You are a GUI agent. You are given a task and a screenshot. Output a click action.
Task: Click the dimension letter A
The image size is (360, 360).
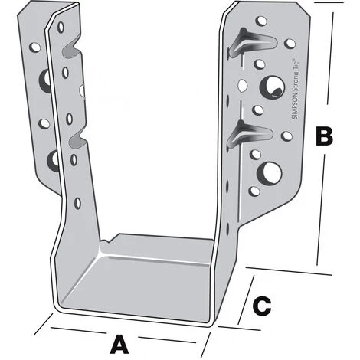tap(119, 345)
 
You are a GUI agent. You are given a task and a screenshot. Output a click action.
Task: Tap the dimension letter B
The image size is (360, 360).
tap(324, 136)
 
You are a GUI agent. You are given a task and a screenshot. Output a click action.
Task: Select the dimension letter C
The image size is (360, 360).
tap(262, 306)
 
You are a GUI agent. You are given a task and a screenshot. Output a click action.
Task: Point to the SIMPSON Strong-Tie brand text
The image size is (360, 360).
tap(295, 90)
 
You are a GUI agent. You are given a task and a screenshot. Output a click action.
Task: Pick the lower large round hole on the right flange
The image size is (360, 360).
tap(269, 173)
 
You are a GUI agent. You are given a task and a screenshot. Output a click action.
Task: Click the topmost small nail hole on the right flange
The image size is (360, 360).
tap(261, 21)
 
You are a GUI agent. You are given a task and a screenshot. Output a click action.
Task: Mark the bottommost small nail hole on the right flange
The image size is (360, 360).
tap(254, 191)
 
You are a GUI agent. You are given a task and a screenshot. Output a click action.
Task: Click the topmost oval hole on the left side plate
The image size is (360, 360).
tap(61, 28)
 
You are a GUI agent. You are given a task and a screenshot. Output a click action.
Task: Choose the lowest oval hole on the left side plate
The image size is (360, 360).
tap(77, 204)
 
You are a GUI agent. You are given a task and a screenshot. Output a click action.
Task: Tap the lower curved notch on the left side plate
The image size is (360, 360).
tap(78, 140)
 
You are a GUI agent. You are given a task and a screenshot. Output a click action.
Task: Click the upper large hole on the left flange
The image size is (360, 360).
tap(45, 80)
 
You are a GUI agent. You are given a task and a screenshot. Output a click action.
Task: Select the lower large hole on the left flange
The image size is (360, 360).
tap(54, 161)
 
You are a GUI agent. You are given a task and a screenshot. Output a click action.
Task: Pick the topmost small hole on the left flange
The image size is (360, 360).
tap(35, 47)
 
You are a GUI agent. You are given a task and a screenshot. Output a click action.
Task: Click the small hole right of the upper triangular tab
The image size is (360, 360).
tap(290, 44)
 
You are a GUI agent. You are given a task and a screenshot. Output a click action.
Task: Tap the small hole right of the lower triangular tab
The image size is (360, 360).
tap(286, 136)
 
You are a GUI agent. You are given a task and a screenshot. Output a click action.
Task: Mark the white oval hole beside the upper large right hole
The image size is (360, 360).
tap(242, 86)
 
